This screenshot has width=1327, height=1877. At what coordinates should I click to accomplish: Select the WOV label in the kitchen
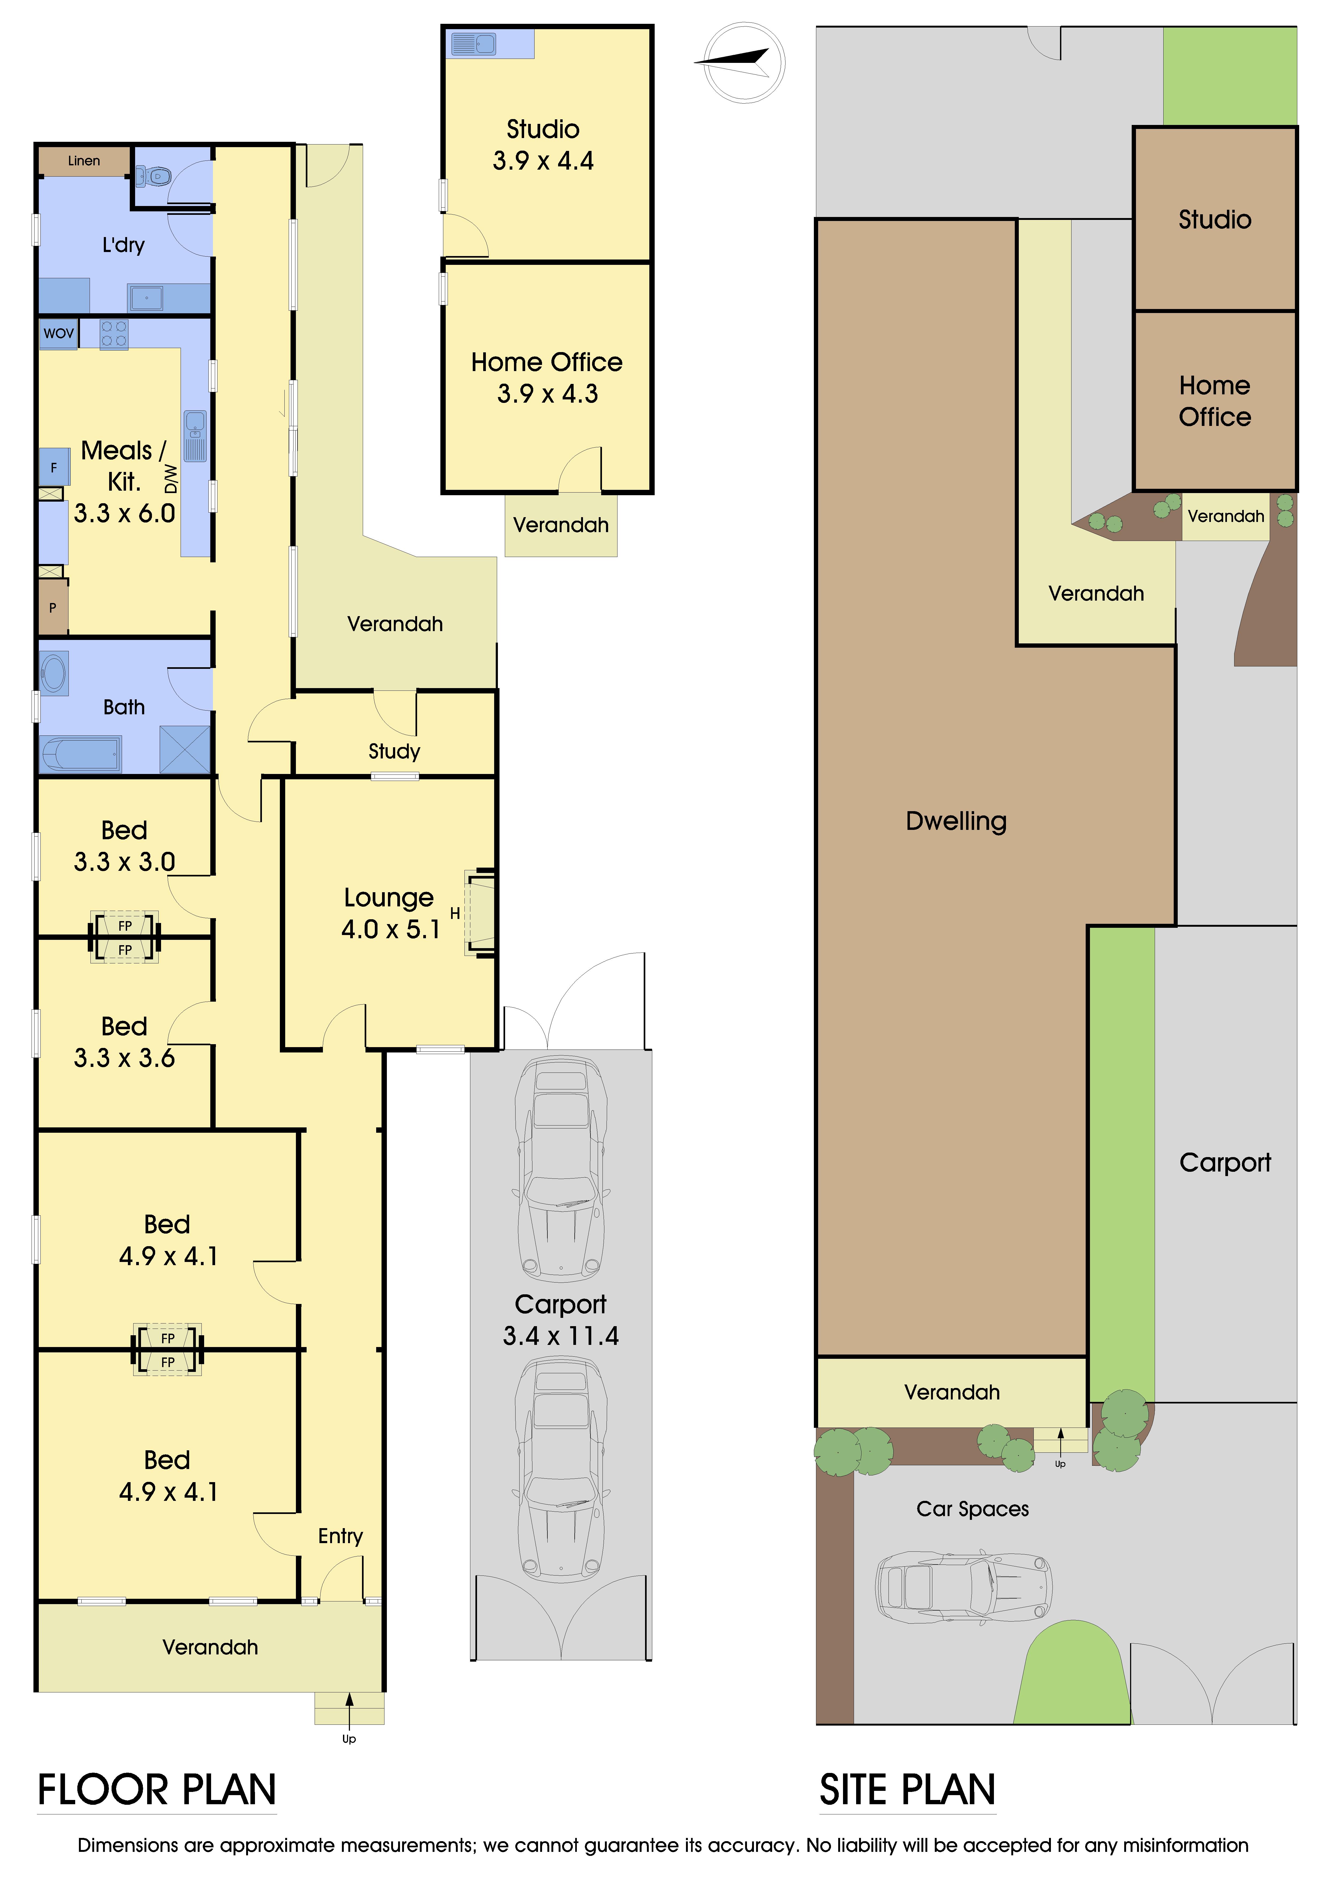tap(59, 334)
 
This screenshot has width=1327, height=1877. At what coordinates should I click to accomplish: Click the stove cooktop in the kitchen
tap(114, 334)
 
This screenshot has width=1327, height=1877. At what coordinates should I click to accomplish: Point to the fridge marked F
tap(54, 468)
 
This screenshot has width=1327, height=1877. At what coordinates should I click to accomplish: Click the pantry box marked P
tap(52, 607)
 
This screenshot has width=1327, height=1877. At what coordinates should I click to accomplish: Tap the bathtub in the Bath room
tap(81, 754)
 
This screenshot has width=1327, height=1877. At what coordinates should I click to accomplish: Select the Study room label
tap(394, 751)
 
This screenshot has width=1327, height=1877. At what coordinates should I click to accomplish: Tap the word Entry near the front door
tap(340, 1536)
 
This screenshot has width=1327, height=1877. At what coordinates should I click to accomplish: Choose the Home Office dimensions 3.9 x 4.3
tap(547, 394)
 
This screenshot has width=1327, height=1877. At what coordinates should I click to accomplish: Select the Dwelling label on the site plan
tap(956, 821)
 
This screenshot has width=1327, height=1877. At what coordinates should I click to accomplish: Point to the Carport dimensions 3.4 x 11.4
tap(561, 1336)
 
